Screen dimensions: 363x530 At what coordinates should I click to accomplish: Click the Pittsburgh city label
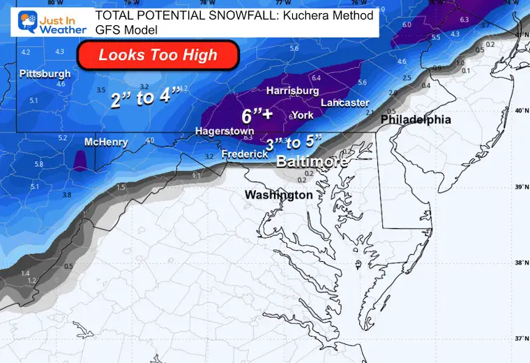pyautogui.click(x=45, y=73)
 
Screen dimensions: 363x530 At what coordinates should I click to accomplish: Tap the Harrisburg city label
pyautogui.click(x=293, y=91)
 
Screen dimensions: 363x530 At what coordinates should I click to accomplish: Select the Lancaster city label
pyautogui.click(x=345, y=103)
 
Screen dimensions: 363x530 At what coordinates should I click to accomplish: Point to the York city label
pyautogui.click(x=302, y=115)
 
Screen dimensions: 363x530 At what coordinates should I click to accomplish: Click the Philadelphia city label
pyautogui.click(x=416, y=120)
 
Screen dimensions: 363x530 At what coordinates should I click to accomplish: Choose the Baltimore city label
pyautogui.click(x=312, y=162)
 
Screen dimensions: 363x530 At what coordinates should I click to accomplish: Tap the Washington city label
pyautogui.click(x=278, y=195)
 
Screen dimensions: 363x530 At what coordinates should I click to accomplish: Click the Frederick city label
pyautogui.click(x=245, y=154)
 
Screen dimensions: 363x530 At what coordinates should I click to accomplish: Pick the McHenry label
pyautogui.click(x=106, y=142)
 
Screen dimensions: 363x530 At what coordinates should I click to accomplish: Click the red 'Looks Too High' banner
pyautogui.click(x=158, y=55)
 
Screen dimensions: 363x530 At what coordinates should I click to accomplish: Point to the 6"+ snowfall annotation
pyautogui.click(x=257, y=115)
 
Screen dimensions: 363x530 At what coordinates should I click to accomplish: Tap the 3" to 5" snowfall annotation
pyautogui.click(x=294, y=144)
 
